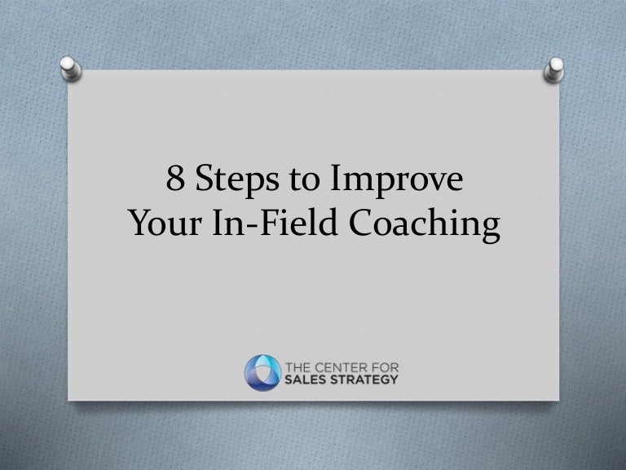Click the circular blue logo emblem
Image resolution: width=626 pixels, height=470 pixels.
point(262,370)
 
